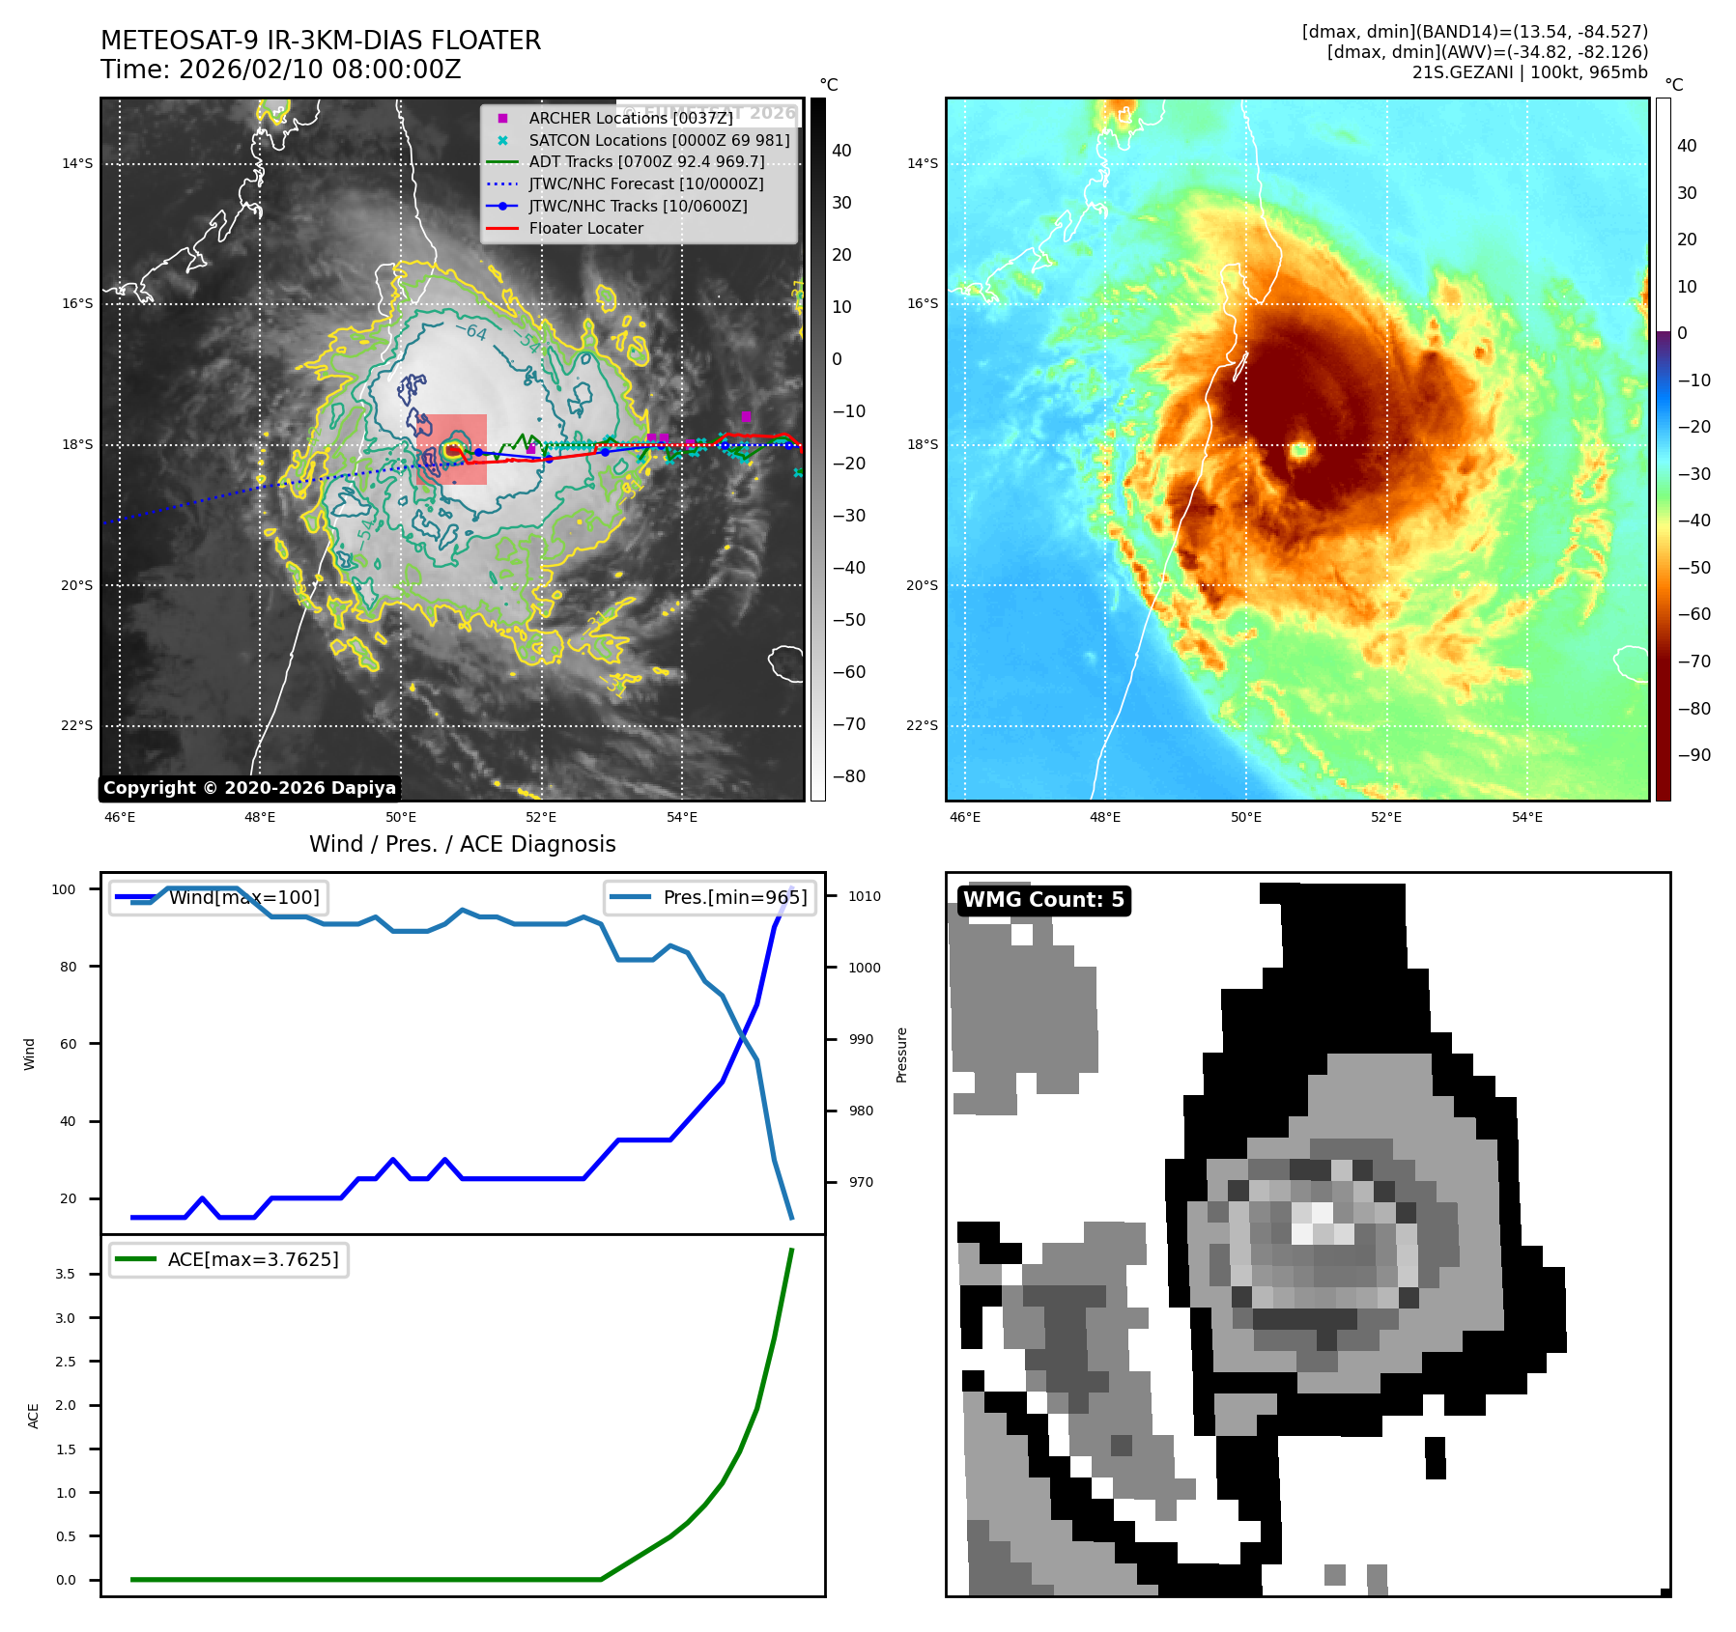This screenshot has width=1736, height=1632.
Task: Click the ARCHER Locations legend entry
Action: [630, 118]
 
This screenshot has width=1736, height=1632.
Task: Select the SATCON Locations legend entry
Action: [659, 140]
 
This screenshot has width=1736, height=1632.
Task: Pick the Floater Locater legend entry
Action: [585, 228]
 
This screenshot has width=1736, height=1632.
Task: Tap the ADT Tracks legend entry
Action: [646, 162]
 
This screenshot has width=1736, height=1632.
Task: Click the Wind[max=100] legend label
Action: [243, 897]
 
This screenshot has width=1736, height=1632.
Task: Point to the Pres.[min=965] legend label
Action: [734, 897]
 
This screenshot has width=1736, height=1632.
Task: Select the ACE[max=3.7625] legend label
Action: [253, 1259]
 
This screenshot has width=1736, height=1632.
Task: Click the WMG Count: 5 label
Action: [1043, 900]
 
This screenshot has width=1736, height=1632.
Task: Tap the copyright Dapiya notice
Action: [249, 788]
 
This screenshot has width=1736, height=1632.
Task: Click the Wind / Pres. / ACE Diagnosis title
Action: [462, 844]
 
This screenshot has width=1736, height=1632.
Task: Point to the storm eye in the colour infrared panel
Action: [1299, 449]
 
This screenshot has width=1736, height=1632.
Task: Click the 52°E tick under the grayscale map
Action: [541, 817]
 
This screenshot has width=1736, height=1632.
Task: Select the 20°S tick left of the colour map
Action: [922, 585]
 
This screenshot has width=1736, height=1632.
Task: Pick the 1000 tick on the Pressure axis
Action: [865, 968]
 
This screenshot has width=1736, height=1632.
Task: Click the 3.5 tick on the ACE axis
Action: [65, 1274]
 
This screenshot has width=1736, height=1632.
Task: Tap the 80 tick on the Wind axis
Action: [68, 967]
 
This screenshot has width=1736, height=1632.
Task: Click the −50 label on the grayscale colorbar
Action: [849, 620]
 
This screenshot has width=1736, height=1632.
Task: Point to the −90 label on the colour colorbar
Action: [1693, 755]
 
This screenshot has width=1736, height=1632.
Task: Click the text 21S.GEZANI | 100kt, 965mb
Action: [1529, 72]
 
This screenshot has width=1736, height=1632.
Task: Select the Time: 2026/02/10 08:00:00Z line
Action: [281, 70]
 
